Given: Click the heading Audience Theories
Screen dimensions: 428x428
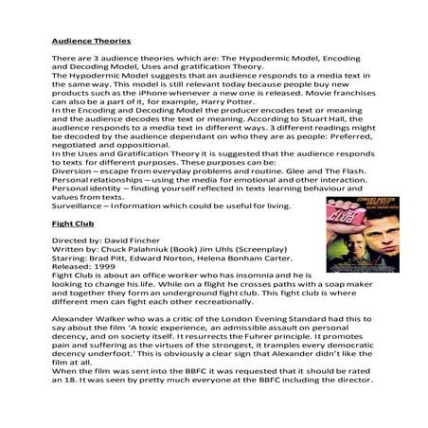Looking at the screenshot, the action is pyautogui.click(x=90, y=43).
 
